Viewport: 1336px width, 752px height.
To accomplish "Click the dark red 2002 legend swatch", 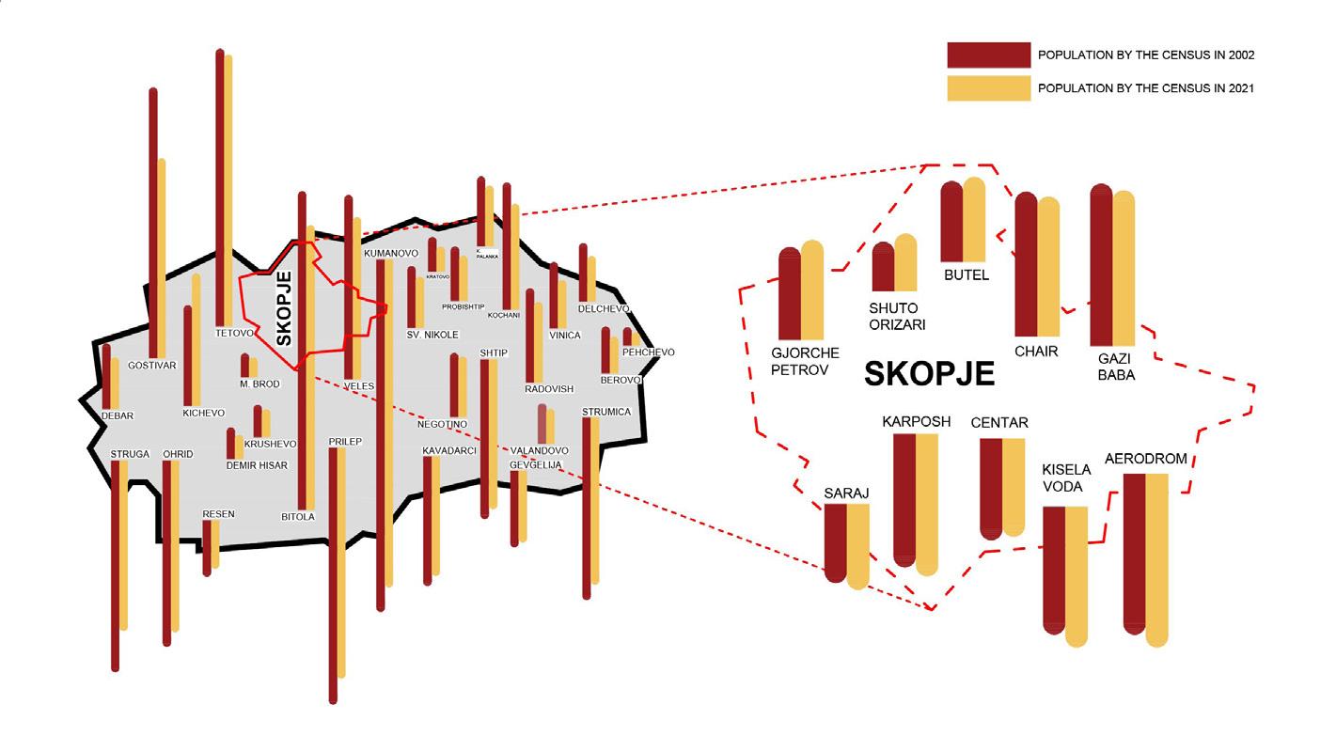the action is [988, 55].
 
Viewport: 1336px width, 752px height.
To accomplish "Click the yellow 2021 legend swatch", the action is [988, 87].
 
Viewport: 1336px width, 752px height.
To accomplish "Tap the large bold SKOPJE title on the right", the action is [929, 373].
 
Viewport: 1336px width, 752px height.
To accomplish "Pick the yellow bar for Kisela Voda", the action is [1076, 573].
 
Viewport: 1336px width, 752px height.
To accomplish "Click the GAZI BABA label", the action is [1116, 367].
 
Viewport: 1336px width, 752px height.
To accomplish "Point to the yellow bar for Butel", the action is [974, 220].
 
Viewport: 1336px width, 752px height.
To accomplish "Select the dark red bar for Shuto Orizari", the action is [883, 268].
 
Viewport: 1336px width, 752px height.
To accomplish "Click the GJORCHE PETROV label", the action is [799, 362].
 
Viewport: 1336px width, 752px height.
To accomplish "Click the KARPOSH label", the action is [916, 421].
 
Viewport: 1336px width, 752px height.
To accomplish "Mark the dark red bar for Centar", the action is [991, 488].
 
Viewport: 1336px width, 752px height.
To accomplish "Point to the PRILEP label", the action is [346, 441].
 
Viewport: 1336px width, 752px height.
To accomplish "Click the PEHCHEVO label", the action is [648, 352].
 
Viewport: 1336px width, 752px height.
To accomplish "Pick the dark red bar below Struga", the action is [116, 564].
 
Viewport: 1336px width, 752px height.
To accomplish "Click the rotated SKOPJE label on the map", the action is [284, 308].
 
